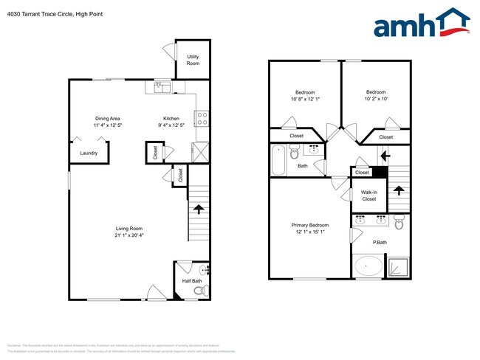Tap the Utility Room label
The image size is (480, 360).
tap(193, 60)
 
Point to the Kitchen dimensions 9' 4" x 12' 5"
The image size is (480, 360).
tap(171, 125)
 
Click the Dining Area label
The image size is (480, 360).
tap(107, 118)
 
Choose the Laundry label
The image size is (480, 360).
tap(89, 153)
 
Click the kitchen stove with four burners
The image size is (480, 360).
tap(201, 118)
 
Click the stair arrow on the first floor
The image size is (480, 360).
tap(198, 209)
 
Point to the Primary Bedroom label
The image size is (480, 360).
tap(309, 225)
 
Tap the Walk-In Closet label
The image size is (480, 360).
tap(368, 195)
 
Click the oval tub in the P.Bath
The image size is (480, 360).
tap(368, 266)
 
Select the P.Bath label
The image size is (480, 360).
tap(380, 243)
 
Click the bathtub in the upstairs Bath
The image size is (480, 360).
tap(278, 160)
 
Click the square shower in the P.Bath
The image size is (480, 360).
tap(399, 266)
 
